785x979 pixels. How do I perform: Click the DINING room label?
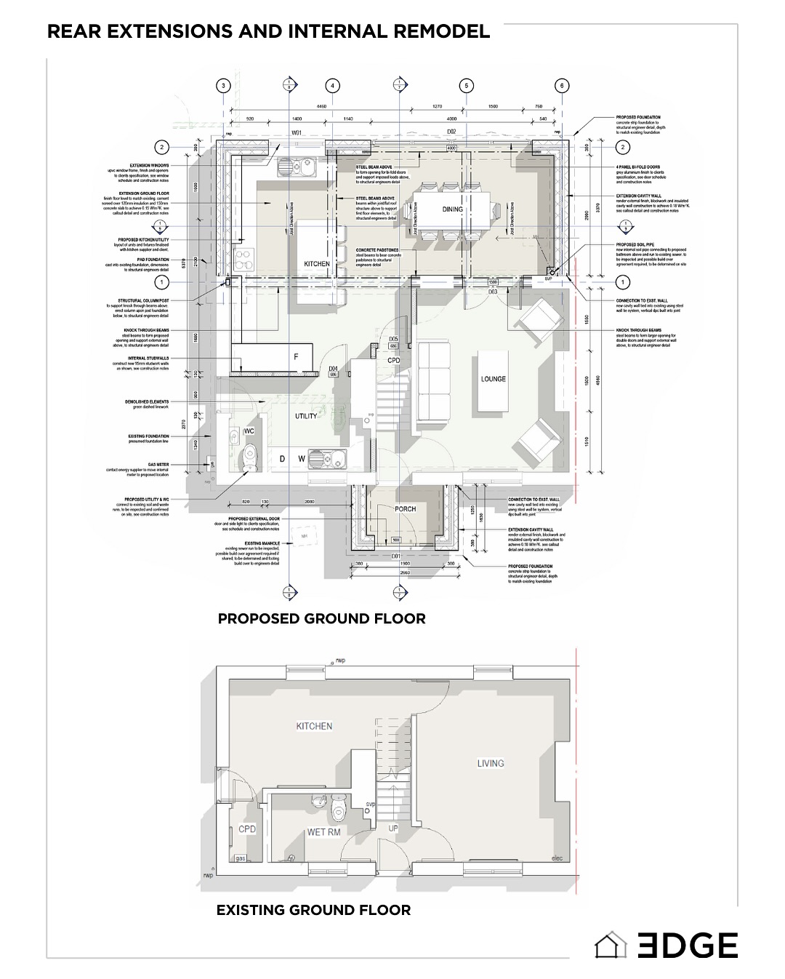point(452,209)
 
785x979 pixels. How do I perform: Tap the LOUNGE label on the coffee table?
point(493,379)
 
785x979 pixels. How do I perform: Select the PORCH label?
point(405,509)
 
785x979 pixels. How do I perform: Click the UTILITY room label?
point(305,416)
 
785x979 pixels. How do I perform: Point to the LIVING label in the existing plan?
point(490,763)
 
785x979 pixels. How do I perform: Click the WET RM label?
point(323,831)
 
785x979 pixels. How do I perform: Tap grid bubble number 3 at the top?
point(224,86)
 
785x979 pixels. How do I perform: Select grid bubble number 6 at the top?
point(562,86)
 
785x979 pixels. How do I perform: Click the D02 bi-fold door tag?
point(451,132)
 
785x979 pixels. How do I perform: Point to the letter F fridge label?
point(295,357)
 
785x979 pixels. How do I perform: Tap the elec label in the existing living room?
point(557,856)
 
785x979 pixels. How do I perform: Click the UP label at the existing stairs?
point(393,828)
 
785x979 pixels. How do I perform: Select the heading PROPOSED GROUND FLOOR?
point(321,618)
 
